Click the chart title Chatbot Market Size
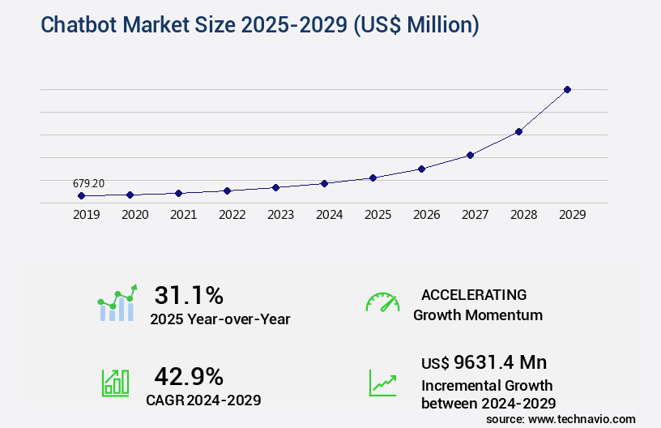click(260, 25)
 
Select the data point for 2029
click(567, 89)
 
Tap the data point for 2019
click(81, 195)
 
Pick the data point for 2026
click(421, 169)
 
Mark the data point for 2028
click(518, 131)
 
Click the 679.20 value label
click(88, 184)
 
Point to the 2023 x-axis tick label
click(280, 215)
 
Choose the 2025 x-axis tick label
click(377, 215)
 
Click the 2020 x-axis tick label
click(134, 215)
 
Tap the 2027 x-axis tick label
click(475, 215)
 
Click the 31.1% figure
click(189, 294)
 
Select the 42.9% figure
click(189, 375)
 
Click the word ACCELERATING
click(474, 294)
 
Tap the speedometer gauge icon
click(382, 302)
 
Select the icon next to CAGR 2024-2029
click(115, 383)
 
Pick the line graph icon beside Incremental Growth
click(382, 383)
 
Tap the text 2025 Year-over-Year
click(220, 319)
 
